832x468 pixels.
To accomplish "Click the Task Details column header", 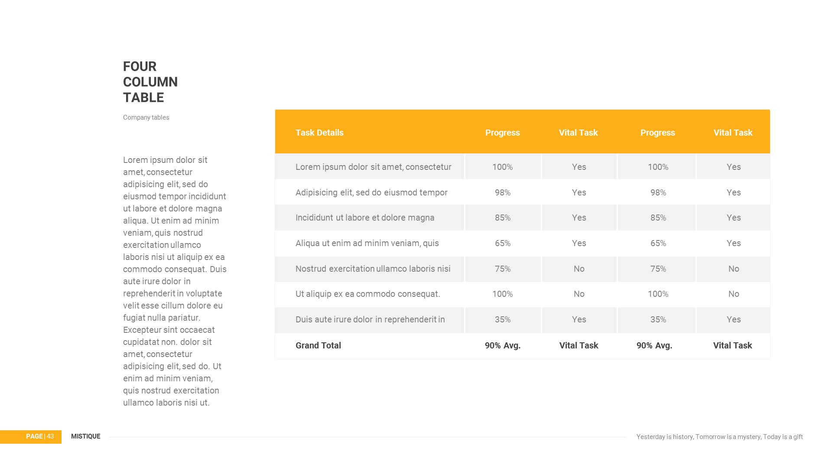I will pyautogui.click(x=319, y=133).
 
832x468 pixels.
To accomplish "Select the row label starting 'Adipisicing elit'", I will pyautogui.click(x=371, y=192).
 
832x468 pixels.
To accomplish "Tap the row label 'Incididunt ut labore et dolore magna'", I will pyautogui.click(x=365, y=218).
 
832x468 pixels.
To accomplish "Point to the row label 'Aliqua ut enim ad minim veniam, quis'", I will pyautogui.click(x=367, y=243).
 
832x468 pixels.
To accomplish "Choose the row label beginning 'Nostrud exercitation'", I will pyautogui.click(x=373, y=269).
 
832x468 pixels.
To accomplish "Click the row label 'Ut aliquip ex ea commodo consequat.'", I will pyautogui.click(x=367, y=294).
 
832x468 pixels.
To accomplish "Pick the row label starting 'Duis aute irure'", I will pyautogui.click(x=370, y=319).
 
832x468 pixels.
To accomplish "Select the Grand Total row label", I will pyautogui.click(x=318, y=345).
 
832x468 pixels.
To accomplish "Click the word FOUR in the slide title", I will pyautogui.click(x=140, y=66).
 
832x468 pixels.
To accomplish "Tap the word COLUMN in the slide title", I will pyautogui.click(x=150, y=82).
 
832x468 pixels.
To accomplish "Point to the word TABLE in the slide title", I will pyautogui.click(x=143, y=97).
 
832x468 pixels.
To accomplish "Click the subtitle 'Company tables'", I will pyautogui.click(x=146, y=117).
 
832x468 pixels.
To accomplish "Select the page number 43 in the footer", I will pyautogui.click(x=50, y=436).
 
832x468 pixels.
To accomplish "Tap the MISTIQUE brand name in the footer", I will pyautogui.click(x=85, y=436).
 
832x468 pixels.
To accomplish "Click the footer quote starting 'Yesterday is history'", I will pyautogui.click(x=719, y=437).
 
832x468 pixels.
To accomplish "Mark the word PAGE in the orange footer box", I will pyautogui.click(x=34, y=436).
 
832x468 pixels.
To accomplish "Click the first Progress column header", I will pyautogui.click(x=502, y=133).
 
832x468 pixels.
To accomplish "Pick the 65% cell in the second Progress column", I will pyautogui.click(x=658, y=243).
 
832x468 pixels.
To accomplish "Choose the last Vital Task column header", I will pyautogui.click(x=733, y=133).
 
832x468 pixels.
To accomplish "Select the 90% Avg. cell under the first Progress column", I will pyautogui.click(x=502, y=345).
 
